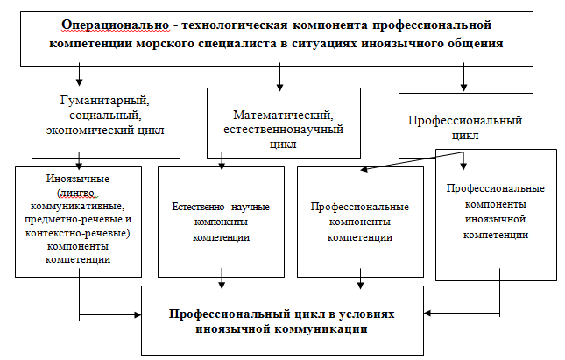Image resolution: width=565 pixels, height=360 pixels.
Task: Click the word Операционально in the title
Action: (x=115, y=25)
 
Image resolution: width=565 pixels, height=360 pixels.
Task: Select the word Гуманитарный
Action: (x=105, y=100)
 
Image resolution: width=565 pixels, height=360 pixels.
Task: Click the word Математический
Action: (x=284, y=115)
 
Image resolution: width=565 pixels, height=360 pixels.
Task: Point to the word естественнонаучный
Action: (x=284, y=129)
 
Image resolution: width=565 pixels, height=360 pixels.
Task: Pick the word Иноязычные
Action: (x=78, y=179)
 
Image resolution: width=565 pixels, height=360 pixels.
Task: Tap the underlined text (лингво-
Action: (x=77, y=194)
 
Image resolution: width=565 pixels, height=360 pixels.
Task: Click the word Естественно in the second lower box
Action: (x=198, y=207)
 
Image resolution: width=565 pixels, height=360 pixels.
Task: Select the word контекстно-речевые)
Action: (x=77, y=233)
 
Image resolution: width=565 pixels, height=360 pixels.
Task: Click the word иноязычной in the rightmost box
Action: (x=496, y=219)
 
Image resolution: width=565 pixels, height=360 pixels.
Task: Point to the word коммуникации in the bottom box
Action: (x=321, y=329)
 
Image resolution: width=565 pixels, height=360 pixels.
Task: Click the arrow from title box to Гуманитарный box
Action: (x=79, y=74)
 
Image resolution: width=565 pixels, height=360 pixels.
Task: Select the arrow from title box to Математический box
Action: (x=280, y=76)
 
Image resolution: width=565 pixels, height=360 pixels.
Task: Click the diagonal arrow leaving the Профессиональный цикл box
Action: (x=412, y=160)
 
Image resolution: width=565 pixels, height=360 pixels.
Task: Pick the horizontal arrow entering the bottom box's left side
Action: (x=109, y=315)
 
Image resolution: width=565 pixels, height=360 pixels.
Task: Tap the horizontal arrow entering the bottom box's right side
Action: (x=462, y=314)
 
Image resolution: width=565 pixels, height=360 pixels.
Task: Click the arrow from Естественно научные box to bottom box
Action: (x=222, y=279)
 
